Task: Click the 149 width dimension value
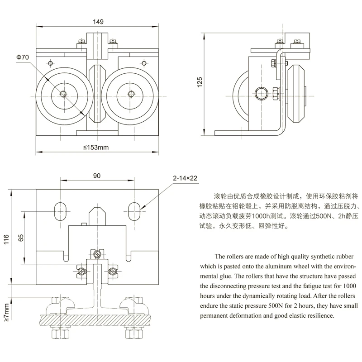tap(98, 22)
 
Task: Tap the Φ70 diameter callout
tap(22, 57)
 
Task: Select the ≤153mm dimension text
tap(96, 148)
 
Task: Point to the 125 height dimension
tap(200, 82)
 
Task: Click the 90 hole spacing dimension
tap(97, 176)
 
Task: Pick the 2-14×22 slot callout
tap(185, 178)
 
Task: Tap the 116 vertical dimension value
tap(6, 239)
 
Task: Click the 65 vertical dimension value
tap(21, 238)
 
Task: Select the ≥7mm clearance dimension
tap(6, 313)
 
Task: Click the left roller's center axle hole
tap(63, 94)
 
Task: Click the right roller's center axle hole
tap(131, 94)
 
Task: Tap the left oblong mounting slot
tap(61, 211)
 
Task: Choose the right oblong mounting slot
tap(134, 211)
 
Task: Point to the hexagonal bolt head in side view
tap(261, 94)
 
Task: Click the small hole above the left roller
tap(51, 63)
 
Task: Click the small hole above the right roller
tap(144, 63)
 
